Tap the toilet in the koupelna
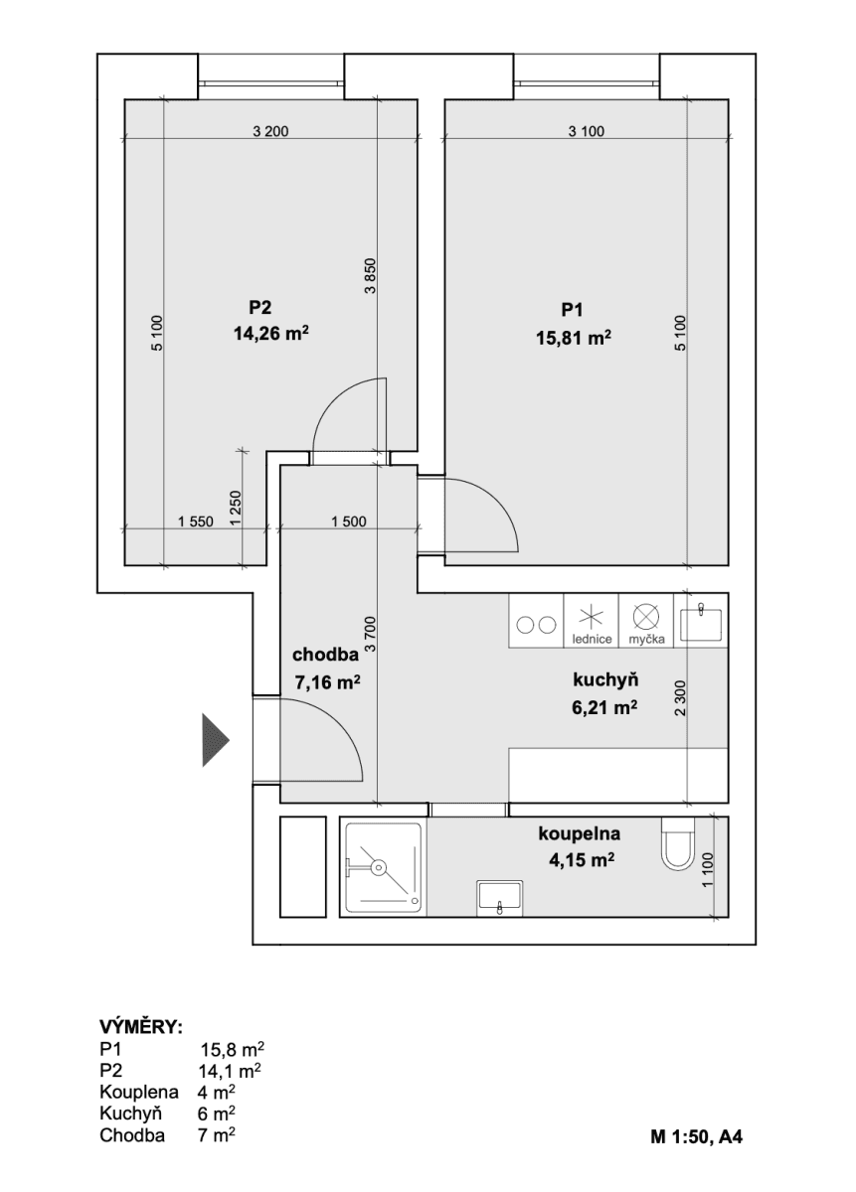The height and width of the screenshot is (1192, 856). click(677, 844)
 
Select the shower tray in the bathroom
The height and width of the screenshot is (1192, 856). click(384, 868)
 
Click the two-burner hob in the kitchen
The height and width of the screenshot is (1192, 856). click(536, 625)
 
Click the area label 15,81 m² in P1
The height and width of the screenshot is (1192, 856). click(572, 339)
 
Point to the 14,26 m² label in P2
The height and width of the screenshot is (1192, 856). click(269, 335)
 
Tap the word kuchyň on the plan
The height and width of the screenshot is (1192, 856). click(604, 681)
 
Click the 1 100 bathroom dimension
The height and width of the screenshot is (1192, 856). click(707, 871)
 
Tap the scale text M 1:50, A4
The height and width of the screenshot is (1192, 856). click(695, 1136)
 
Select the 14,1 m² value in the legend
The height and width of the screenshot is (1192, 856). click(231, 1071)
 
